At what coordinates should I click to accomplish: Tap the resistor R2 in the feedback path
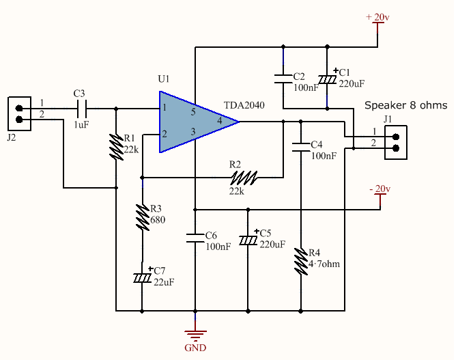(245, 178)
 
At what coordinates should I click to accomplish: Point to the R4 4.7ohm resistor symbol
(300, 260)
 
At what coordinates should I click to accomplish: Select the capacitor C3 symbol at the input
(81, 108)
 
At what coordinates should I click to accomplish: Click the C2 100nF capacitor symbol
(283, 78)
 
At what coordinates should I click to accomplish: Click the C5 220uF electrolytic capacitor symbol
(248, 240)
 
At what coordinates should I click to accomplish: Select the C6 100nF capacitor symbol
(195, 238)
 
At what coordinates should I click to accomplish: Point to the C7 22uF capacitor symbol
(142, 278)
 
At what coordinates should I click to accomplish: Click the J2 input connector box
(19, 114)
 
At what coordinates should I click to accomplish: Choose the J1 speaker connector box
(397, 142)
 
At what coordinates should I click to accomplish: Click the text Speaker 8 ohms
(406, 105)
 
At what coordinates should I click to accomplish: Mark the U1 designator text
(164, 79)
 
